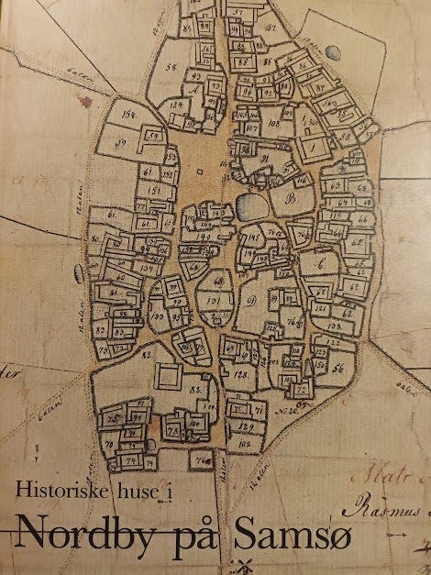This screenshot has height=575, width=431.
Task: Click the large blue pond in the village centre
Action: (249, 205)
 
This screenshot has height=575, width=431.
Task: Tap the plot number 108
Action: (275, 121)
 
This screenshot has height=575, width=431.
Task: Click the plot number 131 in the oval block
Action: (214, 299)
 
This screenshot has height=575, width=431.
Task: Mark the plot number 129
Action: (245, 426)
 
